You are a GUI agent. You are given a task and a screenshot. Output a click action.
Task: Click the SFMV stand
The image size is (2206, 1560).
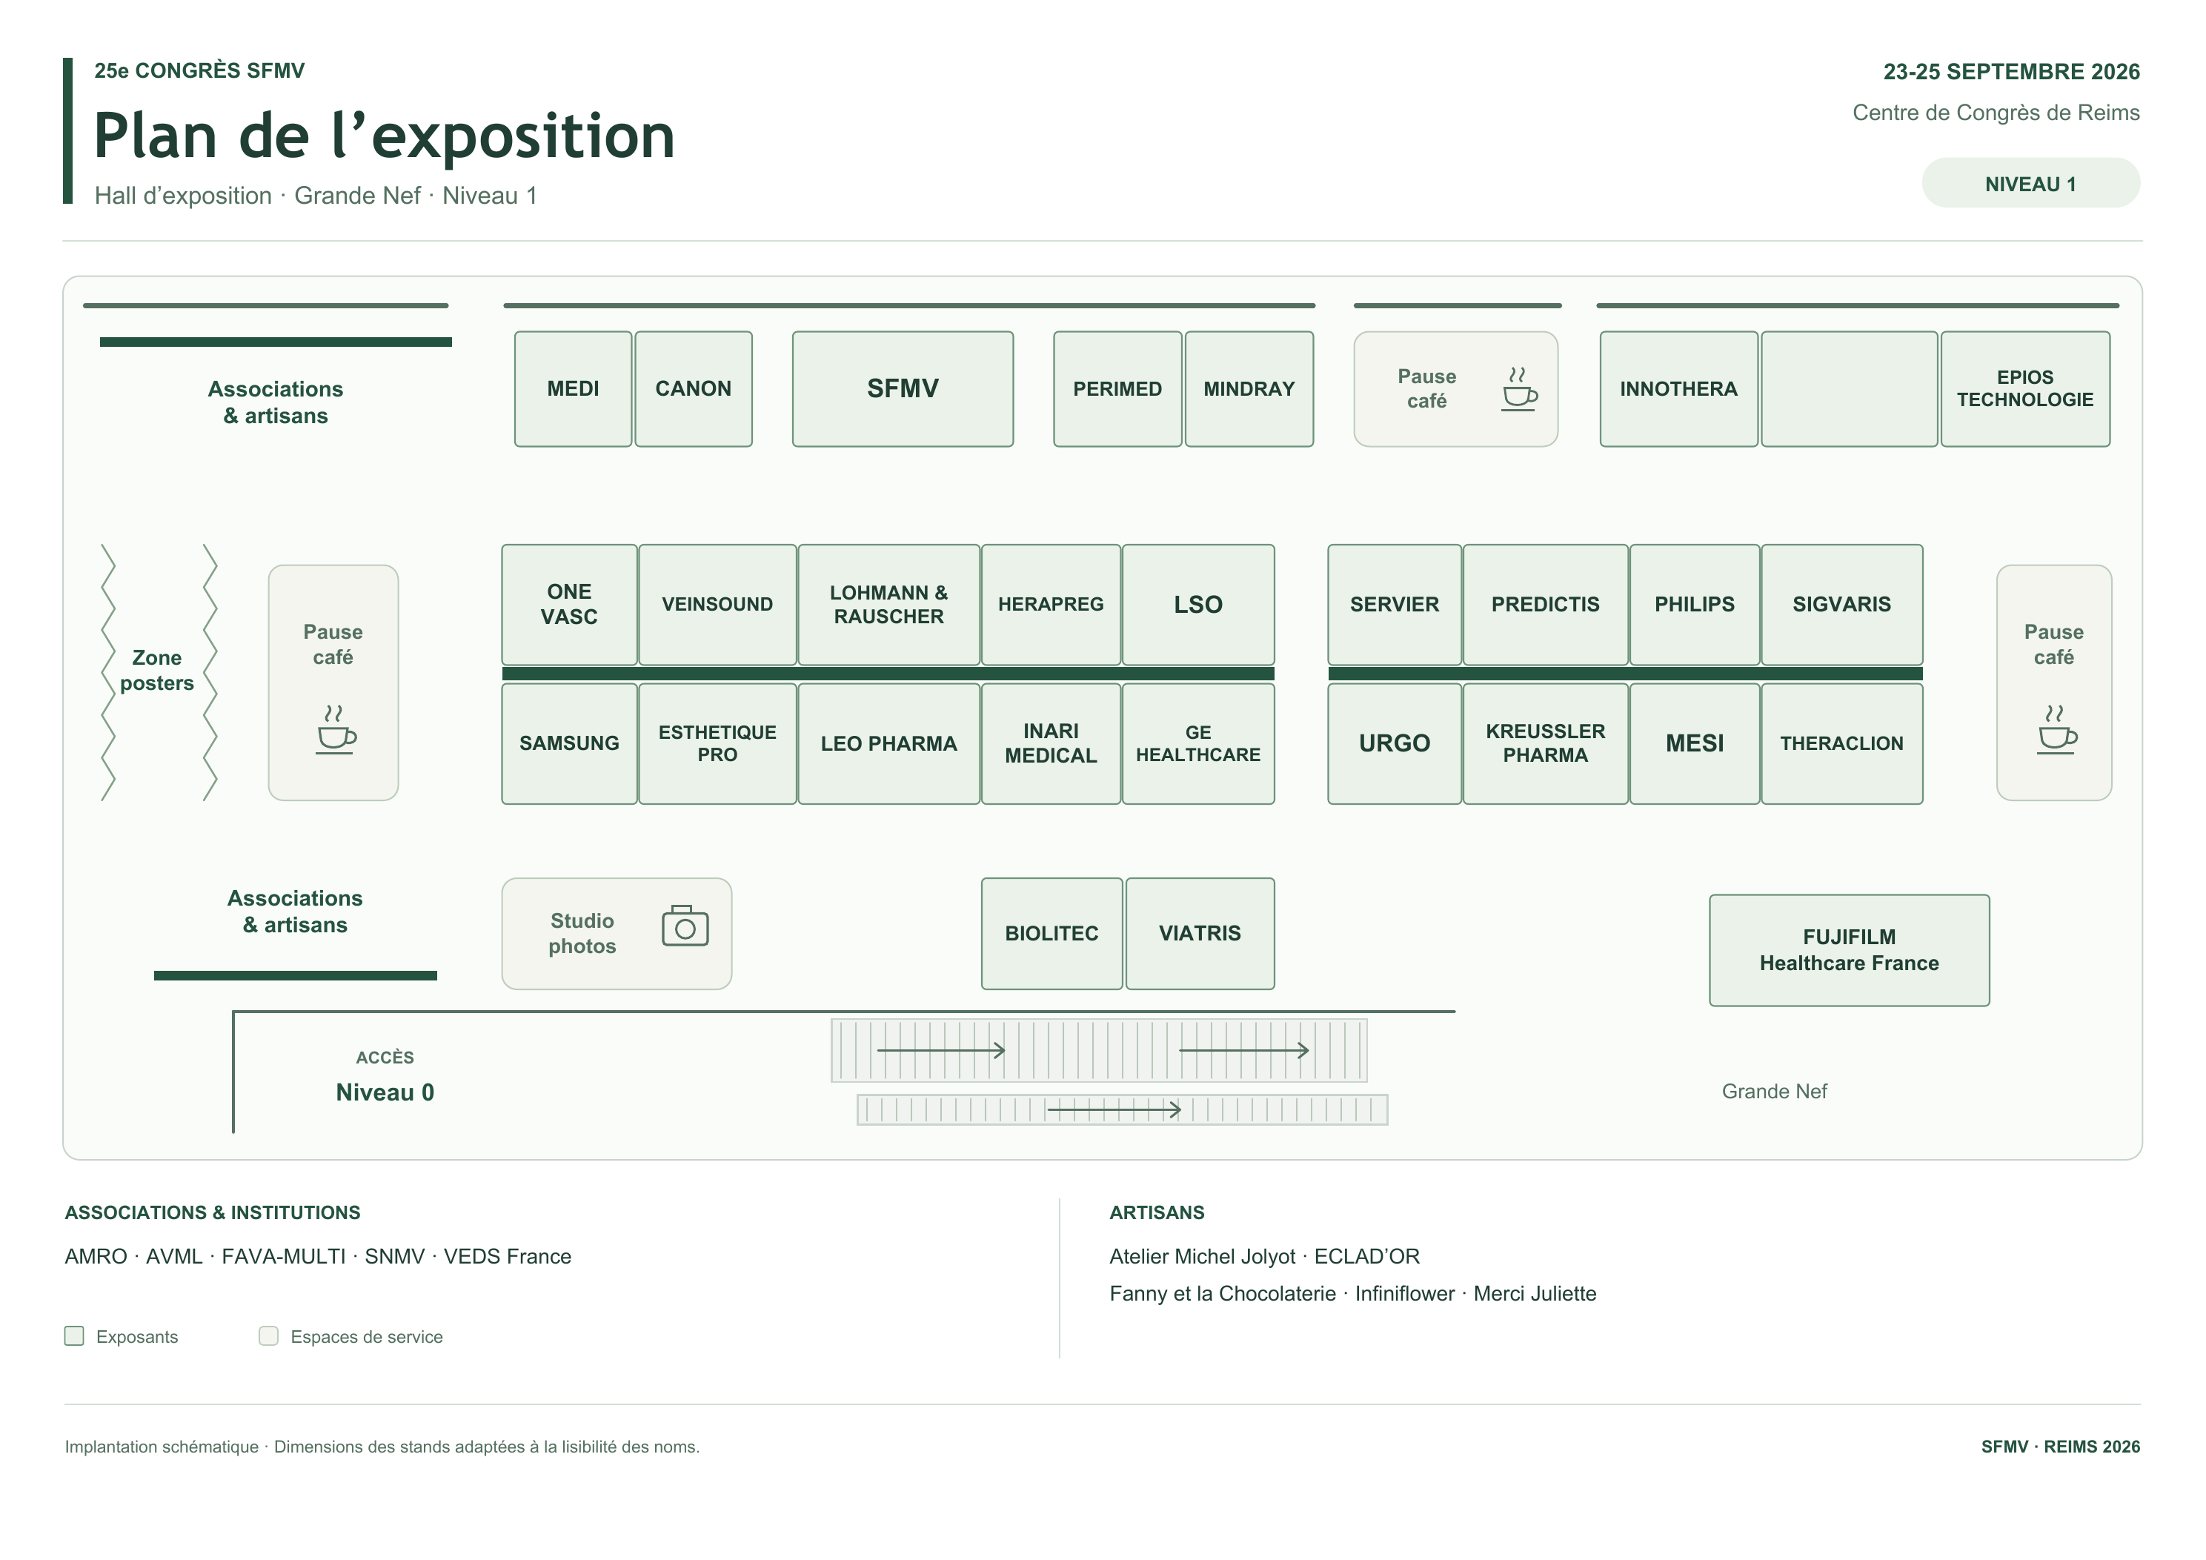pos(903,389)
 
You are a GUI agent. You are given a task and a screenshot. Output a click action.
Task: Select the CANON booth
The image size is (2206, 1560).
pos(693,389)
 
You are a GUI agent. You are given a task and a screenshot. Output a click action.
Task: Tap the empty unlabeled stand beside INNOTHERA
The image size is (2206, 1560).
pos(1849,389)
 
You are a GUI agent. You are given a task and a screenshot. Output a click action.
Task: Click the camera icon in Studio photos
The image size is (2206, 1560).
pos(685,926)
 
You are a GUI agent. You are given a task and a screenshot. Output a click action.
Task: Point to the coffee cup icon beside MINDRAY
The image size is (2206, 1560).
pos(1519,389)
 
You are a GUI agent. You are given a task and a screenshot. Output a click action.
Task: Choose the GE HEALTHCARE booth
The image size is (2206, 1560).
pos(1198,743)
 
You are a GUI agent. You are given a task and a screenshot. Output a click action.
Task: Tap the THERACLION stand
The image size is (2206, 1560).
pos(1841,743)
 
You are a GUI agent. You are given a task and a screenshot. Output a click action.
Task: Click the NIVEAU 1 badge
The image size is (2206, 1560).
pos(2030,184)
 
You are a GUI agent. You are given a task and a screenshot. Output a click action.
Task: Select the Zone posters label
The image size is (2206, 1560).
pos(156,670)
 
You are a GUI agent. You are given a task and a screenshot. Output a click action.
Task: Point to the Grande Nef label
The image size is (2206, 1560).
pos(1774,1091)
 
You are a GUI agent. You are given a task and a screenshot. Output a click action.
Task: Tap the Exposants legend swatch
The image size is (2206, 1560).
pos(74,1335)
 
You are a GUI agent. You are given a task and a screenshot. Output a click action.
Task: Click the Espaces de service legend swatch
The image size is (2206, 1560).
pos(268,1335)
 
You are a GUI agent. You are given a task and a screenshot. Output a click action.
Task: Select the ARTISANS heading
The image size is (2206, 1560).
pos(1157,1212)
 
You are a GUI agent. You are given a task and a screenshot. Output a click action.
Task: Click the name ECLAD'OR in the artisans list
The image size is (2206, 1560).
pos(1366,1256)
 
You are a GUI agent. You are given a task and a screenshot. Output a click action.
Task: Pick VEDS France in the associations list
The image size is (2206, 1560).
pos(508,1256)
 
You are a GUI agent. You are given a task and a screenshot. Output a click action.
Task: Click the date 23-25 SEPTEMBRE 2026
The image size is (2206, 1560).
pos(2011,72)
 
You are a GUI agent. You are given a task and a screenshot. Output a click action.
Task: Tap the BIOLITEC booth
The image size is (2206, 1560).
pos(1051,933)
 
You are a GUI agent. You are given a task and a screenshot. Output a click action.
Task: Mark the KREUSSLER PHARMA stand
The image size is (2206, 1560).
pos(1545,743)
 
